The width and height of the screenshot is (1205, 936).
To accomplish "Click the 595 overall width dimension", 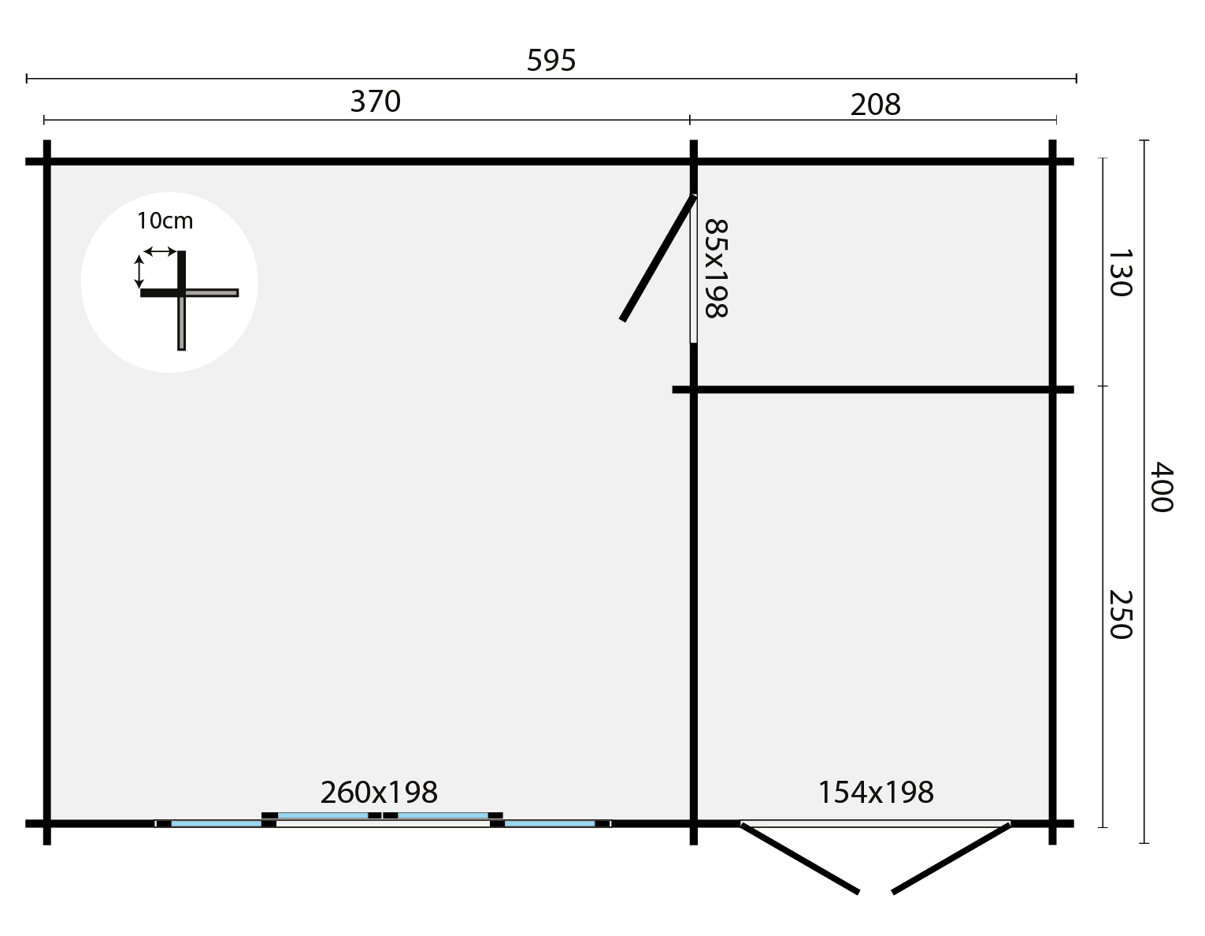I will (x=551, y=61).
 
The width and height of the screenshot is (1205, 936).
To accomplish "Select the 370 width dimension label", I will (x=376, y=102).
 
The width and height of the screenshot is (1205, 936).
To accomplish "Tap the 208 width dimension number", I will (x=875, y=105).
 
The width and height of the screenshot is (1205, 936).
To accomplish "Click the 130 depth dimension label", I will (x=1119, y=273).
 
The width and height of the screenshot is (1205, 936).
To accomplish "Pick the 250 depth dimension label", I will (x=1119, y=615).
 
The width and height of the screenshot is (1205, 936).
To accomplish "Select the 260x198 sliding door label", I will (x=379, y=792).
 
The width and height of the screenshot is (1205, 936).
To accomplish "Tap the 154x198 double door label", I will (x=876, y=793).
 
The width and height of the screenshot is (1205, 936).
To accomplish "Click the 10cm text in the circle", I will (x=165, y=221).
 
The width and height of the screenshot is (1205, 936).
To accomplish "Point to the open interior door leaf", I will (x=658, y=258).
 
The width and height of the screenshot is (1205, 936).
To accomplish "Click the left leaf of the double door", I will (x=799, y=858).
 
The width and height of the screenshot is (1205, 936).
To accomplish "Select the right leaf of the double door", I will (x=951, y=858).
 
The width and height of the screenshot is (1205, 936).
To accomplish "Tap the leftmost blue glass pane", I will (x=216, y=824).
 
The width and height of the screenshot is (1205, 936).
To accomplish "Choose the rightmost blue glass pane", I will (x=549, y=824).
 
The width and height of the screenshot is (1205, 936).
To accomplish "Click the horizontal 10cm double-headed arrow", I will (x=161, y=251).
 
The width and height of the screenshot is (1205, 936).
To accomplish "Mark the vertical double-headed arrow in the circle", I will (x=139, y=271).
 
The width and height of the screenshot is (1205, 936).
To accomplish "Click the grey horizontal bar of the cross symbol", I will (x=211, y=293).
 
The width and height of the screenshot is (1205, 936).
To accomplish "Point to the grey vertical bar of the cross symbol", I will (x=181, y=323).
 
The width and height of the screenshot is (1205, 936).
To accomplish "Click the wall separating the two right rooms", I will (x=874, y=389).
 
